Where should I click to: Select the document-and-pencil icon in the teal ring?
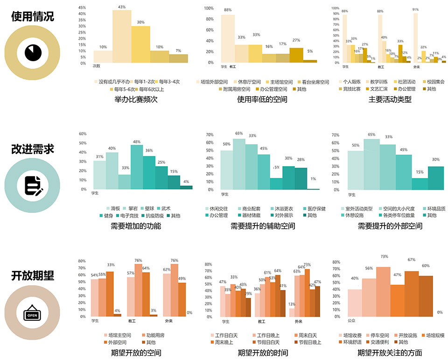click(x=33, y=185)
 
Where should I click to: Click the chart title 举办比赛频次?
click(x=135, y=99)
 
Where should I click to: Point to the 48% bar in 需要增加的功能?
click(x=137, y=167)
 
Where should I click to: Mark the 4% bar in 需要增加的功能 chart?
click(x=186, y=187)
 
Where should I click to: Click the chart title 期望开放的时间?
click(x=263, y=353)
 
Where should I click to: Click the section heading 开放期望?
click(x=33, y=275)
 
